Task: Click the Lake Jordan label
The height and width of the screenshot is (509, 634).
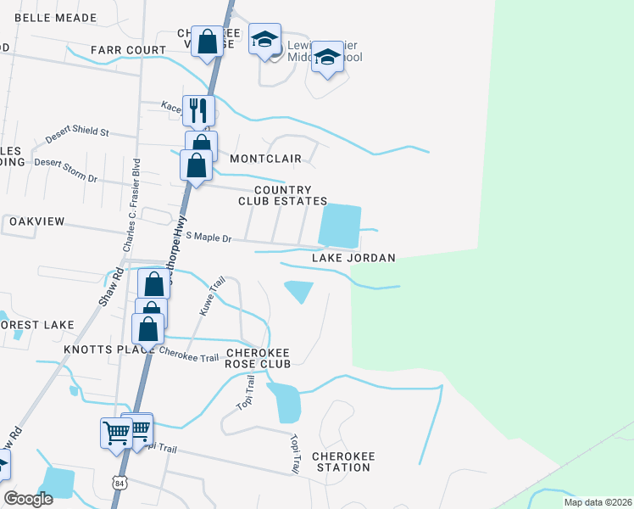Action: pyautogui.click(x=353, y=258)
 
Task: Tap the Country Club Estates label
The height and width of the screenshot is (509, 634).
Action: pyautogui.click(x=282, y=196)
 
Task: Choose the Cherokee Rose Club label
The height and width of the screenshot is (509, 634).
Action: pyautogui.click(x=258, y=358)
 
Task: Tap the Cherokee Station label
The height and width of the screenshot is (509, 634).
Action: pyautogui.click(x=343, y=461)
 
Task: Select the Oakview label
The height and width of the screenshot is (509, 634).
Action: pyautogui.click(x=36, y=221)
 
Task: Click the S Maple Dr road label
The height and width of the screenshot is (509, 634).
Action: pyautogui.click(x=209, y=238)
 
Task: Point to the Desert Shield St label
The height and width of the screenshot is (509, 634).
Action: pyautogui.click(x=78, y=133)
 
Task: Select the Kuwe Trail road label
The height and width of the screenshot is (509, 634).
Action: pyautogui.click(x=211, y=296)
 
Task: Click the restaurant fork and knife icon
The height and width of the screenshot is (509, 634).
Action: pyautogui.click(x=198, y=110)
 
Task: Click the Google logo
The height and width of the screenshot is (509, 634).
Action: pyautogui.click(x=28, y=499)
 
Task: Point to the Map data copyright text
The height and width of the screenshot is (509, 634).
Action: pyautogui.click(x=598, y=501)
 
